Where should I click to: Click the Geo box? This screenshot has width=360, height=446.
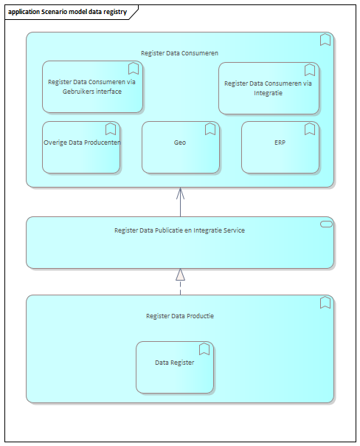point(181,148)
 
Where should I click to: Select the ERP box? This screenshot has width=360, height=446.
point(280,148)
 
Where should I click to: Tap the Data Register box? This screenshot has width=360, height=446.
point(175,367)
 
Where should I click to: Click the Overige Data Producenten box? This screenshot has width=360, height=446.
point(81,148)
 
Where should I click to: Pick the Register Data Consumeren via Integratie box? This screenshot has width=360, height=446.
point(269,88)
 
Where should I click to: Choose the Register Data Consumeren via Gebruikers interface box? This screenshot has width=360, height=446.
point(92,86)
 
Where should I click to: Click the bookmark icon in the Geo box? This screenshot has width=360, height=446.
point(210,128)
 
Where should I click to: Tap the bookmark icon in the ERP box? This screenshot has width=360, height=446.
point(310,128)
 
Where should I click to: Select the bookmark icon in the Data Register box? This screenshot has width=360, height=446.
point(204,349)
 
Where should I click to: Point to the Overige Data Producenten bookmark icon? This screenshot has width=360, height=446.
point(111,128)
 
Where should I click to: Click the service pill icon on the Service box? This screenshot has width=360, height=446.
point(326,224)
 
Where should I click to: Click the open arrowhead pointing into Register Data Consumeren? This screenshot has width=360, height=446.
point(181,193)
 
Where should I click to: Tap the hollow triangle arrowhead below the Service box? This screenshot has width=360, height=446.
point(181,275)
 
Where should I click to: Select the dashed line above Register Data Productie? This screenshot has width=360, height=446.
point(181,287)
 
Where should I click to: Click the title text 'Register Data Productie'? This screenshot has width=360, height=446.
point(180,316)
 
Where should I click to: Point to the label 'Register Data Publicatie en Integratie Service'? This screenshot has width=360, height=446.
point(179,230)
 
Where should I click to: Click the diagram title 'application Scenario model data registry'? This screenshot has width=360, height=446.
point(67,12)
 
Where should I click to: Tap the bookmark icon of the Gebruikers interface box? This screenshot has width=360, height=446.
point(134,68)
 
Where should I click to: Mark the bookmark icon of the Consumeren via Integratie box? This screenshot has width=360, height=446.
point(310,69)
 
